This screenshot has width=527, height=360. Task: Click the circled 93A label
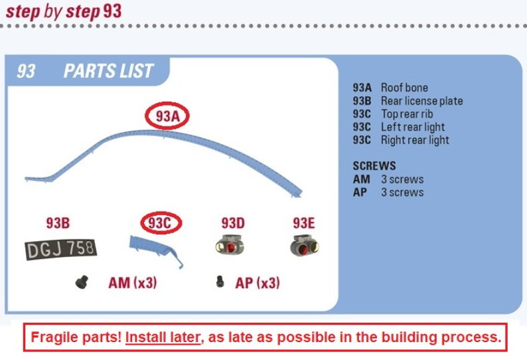click(167, 116)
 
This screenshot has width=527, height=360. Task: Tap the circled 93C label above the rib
click(161, 223)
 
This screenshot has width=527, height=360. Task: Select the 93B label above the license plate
click(58, 223)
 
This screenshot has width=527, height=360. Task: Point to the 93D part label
click(233, 223)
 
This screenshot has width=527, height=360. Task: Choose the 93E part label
click(304, 223)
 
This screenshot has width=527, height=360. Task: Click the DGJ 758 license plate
click(61, 249)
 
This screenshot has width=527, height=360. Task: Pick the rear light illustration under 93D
click(230, 245)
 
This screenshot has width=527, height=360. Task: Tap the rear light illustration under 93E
click(305, 246)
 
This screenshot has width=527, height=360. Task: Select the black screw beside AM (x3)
click(82, 282)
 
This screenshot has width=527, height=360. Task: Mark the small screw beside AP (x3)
click(220, 282)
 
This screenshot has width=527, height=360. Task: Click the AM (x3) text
click(133, 282)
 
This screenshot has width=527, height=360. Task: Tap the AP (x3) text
click(258, 282)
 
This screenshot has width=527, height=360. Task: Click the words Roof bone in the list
click(404, 88)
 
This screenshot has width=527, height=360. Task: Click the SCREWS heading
click(374, 166)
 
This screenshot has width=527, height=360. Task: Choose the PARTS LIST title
click(108, 71)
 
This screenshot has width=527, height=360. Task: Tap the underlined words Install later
click(163, 337)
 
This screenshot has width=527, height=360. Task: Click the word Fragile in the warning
click(54, 337)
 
